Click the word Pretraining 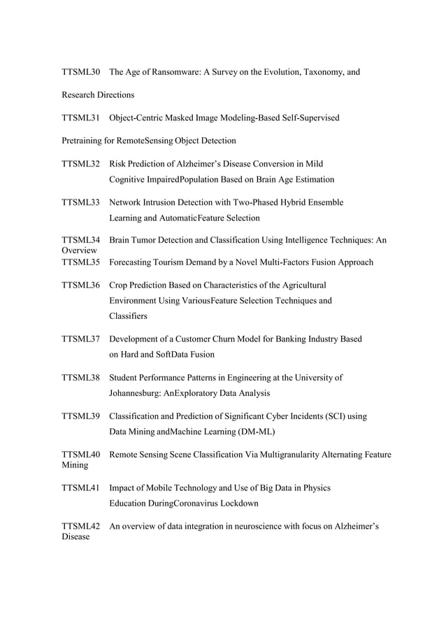[81, 141]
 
